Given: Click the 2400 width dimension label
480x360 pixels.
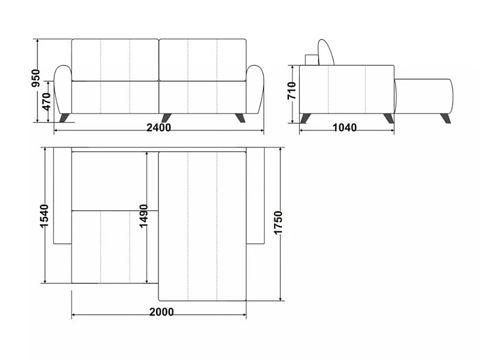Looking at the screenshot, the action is click(x=158, y=127).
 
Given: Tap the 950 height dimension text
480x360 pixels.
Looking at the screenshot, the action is click(x=36, y=79).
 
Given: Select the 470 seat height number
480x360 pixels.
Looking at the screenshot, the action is click(x=47, y=102).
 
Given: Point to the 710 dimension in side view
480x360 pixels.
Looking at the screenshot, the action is click(x=292, y=91).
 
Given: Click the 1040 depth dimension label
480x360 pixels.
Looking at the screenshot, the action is click(x=345, y=127).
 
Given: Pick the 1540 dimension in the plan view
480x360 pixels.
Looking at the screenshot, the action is click(x=44, y=216).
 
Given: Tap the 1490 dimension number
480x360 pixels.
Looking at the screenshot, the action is click(x=143, y=216).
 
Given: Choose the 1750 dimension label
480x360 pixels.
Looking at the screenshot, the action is click(x=278, y=223).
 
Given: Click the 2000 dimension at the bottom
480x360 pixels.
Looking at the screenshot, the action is click(x=161, y=312).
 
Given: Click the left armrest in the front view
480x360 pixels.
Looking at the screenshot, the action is click(x=63, y=89).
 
